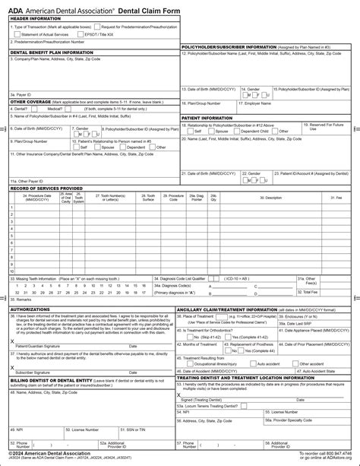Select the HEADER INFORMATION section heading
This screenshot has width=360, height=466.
[x=34, y=17]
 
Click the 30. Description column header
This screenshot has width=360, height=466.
[x=272, y=197]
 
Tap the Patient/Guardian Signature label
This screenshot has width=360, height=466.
[x=38, y=345]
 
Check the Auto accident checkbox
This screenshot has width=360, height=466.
[x=258, y=363]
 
